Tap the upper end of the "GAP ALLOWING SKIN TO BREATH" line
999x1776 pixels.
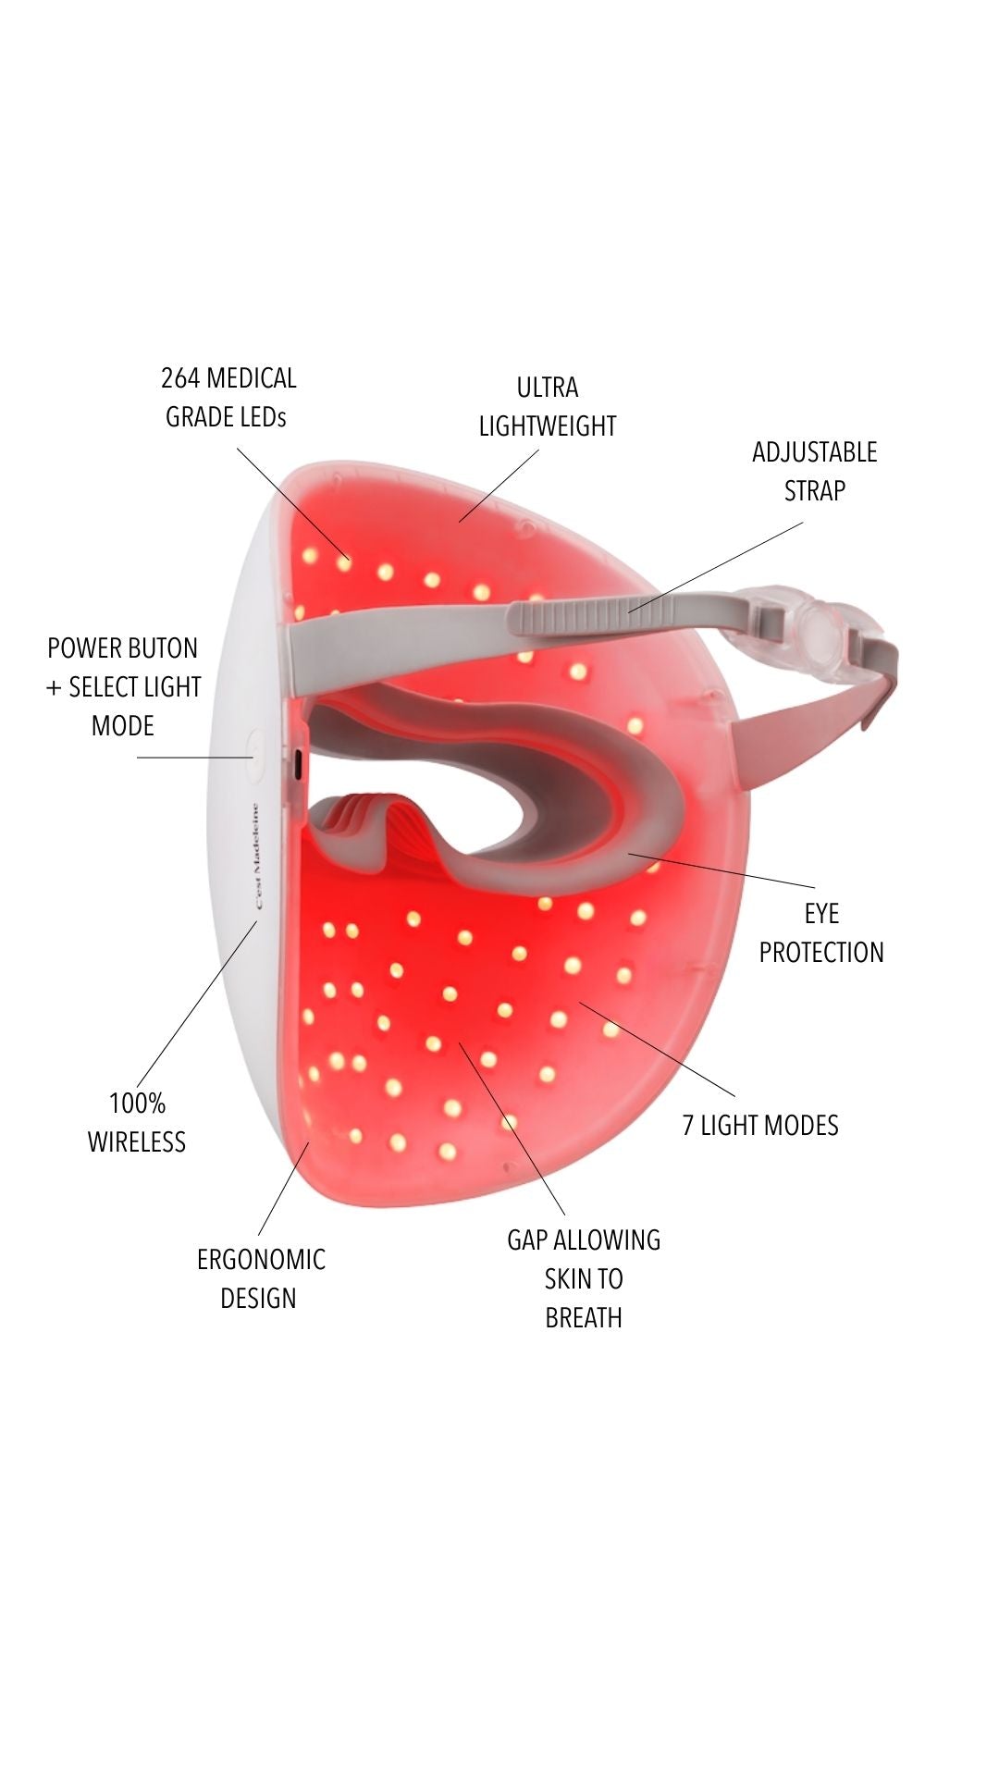[458, 1042]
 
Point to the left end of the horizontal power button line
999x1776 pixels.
[138, 758]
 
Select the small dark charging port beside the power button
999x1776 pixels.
[297, 765]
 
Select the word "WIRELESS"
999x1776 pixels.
[137, 1141]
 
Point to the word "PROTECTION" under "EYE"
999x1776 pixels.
[821, 952]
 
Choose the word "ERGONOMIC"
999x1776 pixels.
[261, 1259]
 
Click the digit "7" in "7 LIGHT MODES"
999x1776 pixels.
[688, 1126]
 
